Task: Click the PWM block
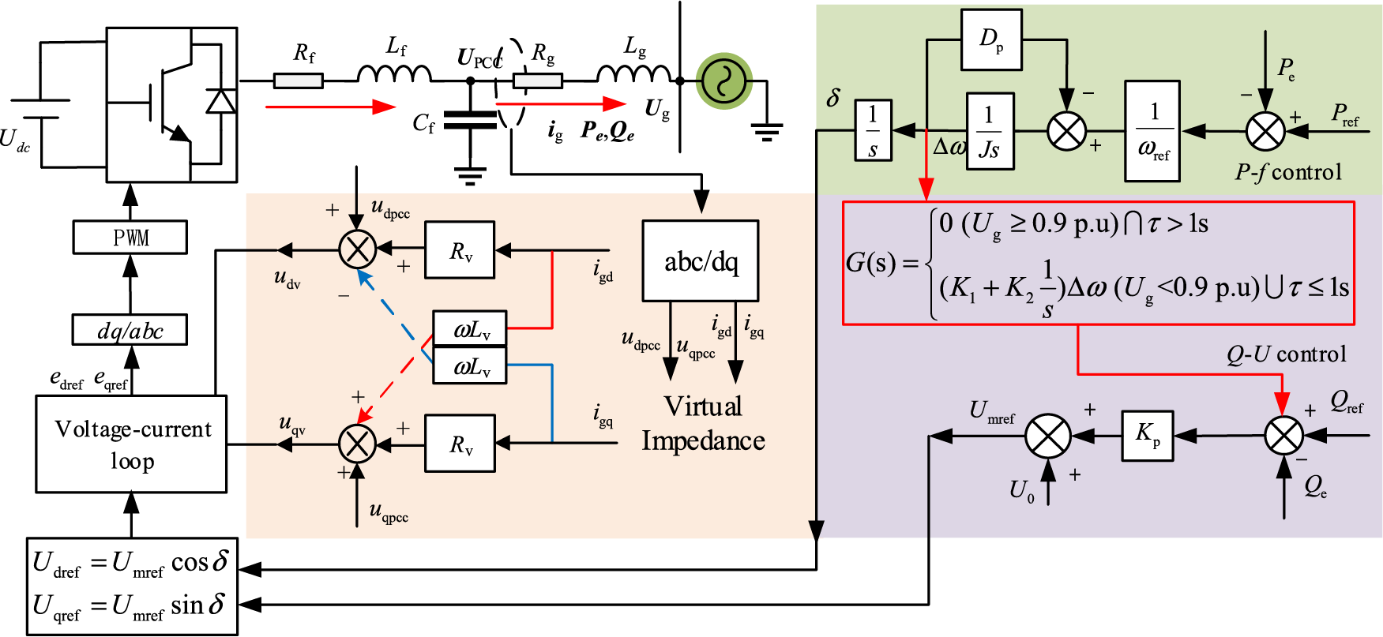[x=130, y=237]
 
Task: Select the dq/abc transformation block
[x=130, y=330]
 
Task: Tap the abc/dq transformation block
[x=701, y=261]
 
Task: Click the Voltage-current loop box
[x=131, y=444]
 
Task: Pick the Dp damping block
[x=991, y=39]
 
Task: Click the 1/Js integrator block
[x=990, y=131]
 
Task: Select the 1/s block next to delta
[x=874, y=130]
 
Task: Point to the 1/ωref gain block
[x=1153, y=131]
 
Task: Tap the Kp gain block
[x=1148, y=435]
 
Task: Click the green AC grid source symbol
[x=723, y=81]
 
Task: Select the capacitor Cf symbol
[x=470, y=119]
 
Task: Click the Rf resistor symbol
[x=299, y=81]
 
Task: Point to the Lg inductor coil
[x=634, y=73]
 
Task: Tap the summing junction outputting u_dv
[x=358, y=250]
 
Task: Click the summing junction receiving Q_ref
[x=1283, y=436]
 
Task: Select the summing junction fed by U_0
[x=1048, y=436]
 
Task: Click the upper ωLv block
[x=470, y=328]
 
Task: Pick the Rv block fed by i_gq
[x=460, y=444]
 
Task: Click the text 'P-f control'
[x=1288, y=172]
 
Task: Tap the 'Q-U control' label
[x=1286, y=354]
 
